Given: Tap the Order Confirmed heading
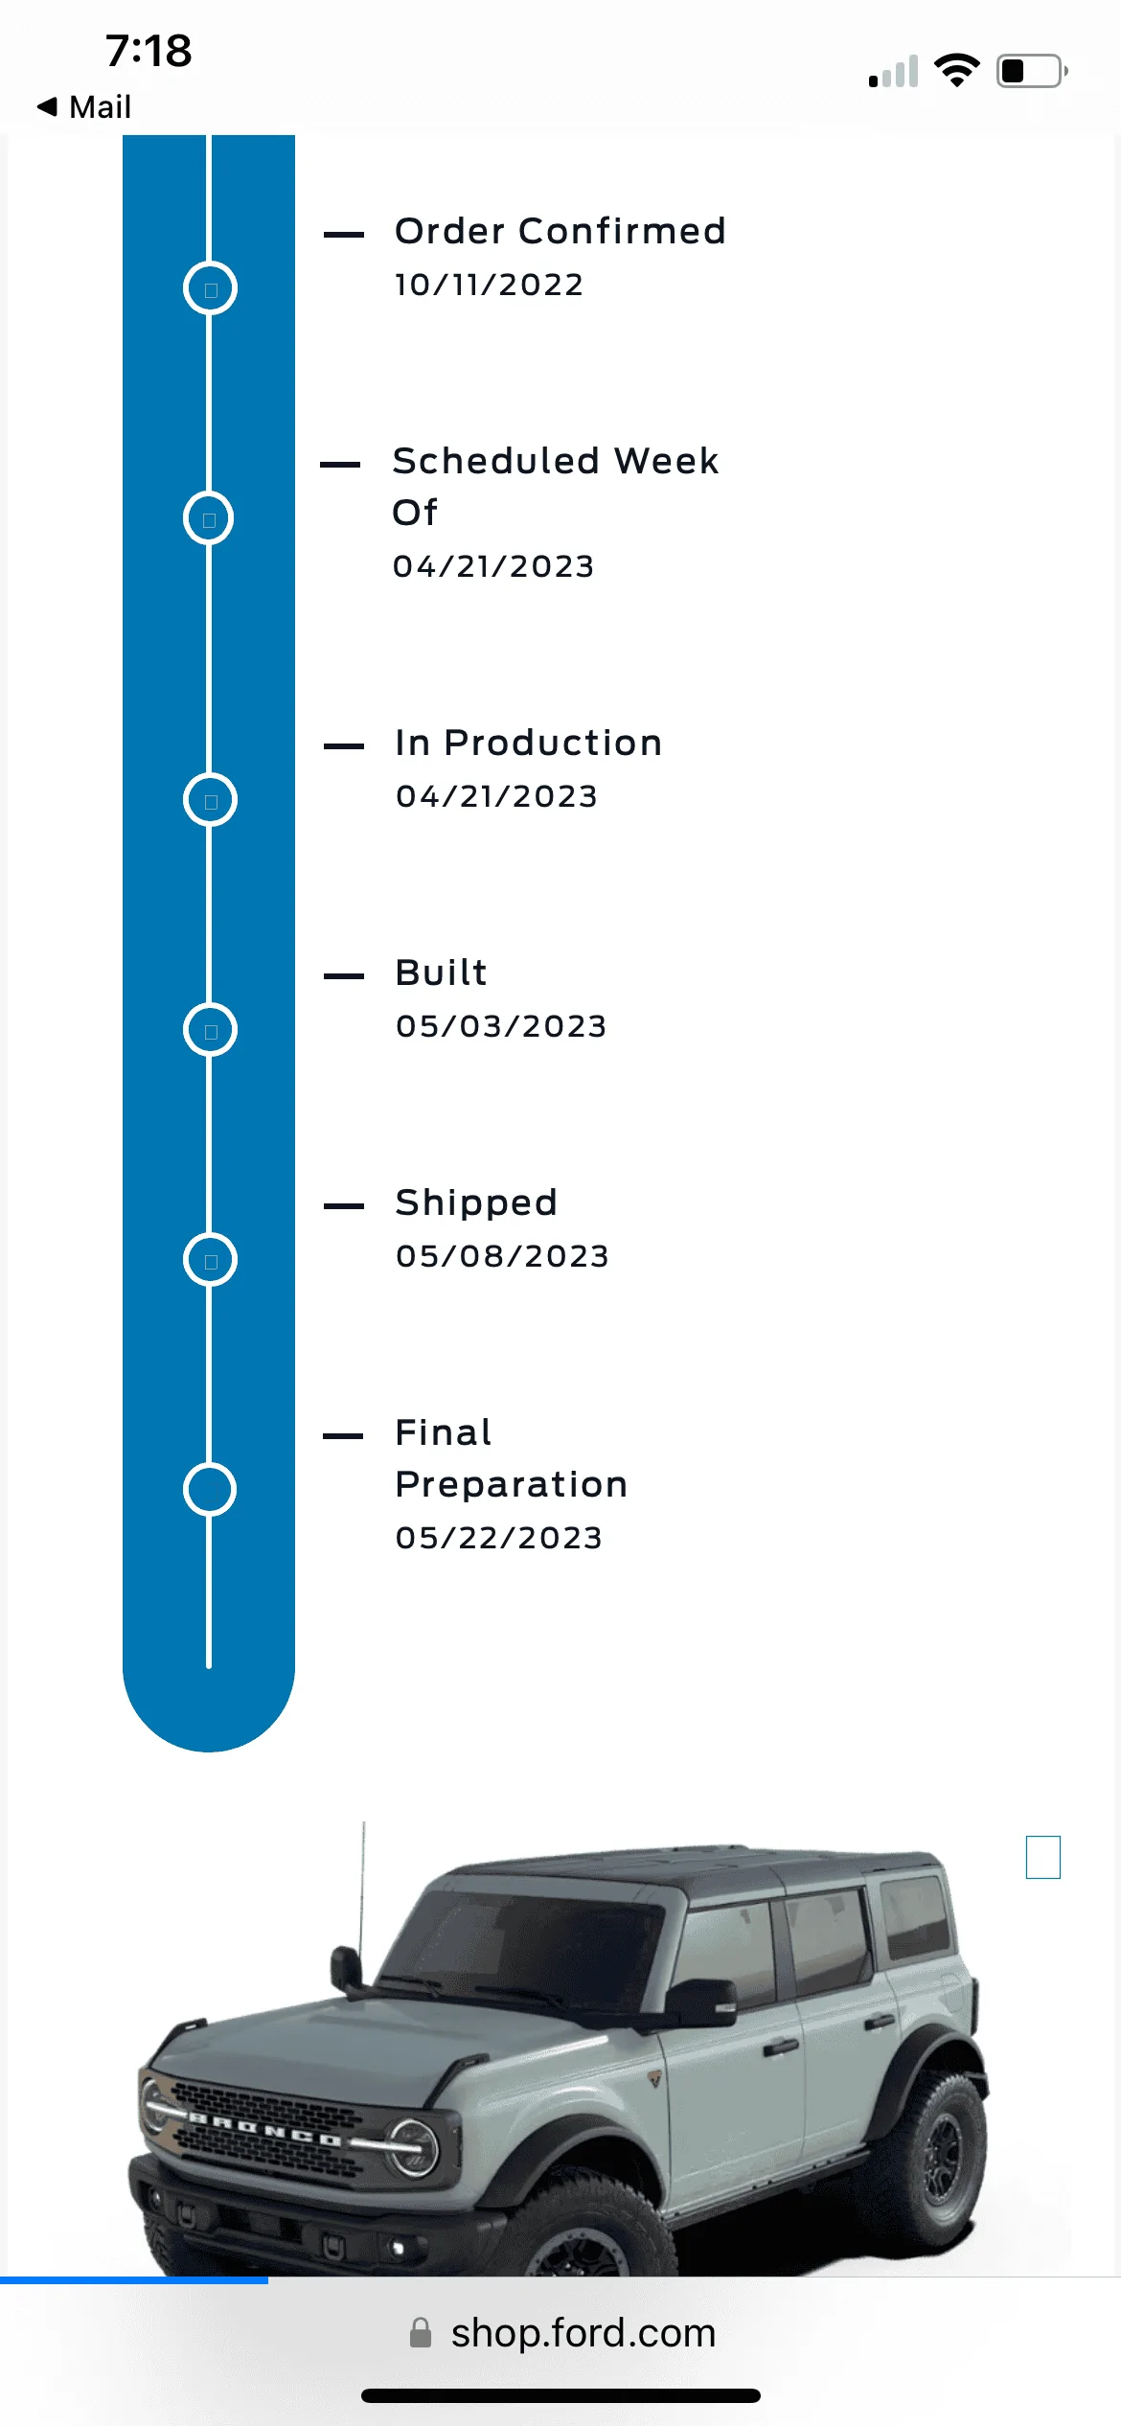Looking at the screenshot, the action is click(560, 231).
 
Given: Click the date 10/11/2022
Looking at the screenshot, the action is click(489, 285).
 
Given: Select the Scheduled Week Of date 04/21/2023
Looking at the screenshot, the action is click(493, 566).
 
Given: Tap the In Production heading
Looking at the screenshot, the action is click(528, 743).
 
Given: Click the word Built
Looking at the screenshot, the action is click(441, 973).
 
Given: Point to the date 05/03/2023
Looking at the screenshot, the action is click(501, 1026).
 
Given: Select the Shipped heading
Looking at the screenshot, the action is click(476, 1202).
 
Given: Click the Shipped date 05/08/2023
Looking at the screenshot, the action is click(502, 1256).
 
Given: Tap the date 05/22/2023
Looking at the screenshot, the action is click(498, 1538).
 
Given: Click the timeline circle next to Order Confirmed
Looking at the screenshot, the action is click(185, 288).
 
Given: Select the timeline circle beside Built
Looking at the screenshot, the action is click(185, 1030).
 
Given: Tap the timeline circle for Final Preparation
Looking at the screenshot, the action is click(185, 1490).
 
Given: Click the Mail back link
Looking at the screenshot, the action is click(84, 106).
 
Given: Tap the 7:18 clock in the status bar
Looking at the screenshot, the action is click(149, 51).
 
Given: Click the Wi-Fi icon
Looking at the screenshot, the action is click(957, 71).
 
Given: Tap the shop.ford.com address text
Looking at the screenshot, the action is click(583, 2333).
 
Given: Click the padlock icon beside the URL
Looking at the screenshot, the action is click(421, 2333).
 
